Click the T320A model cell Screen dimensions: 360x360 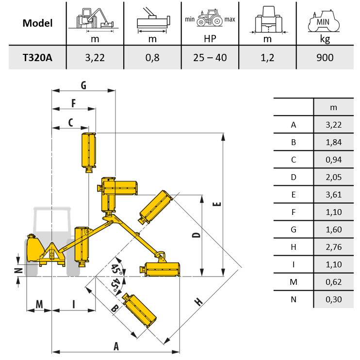pyautogui.click(x=37, y=58)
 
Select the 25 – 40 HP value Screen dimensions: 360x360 pyautogui.click(x=210, y=58)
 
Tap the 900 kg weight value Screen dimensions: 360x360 pyautogui.click(x=325, y=58)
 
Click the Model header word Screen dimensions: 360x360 pyautogui.click(x=37, y=23)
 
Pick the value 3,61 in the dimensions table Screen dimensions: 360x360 pyautogui.click(x=334, y=195)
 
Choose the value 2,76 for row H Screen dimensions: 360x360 pyautogui.click(x=334, y=247)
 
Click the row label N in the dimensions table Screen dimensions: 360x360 pyautogui.click(x=293, y=299)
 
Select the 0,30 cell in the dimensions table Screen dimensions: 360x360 pyautogui.click(x=334, y=299)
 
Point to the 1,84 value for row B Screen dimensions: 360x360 pyautogui.click(x=334, y=142)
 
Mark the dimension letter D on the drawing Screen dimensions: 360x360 pyautogui.click(x=196, y=236)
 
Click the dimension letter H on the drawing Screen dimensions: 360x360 pyautogui.click(x=198, y=302)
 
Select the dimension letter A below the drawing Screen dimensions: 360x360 pyautogui.click(x=116, y=345)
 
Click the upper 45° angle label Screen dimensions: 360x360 pyautogui.click(x=115, y=268)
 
